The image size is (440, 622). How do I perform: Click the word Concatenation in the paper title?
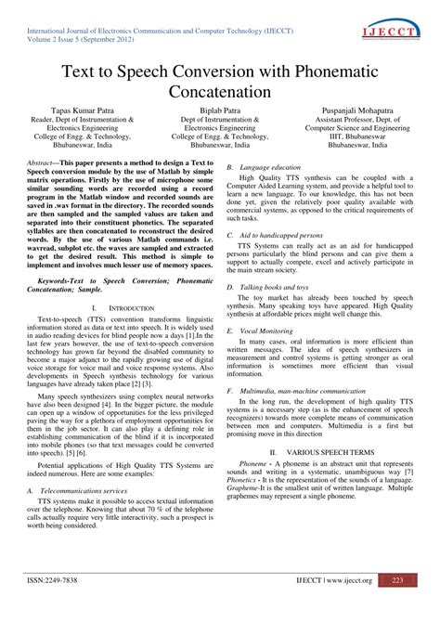(x=220, y=92)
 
